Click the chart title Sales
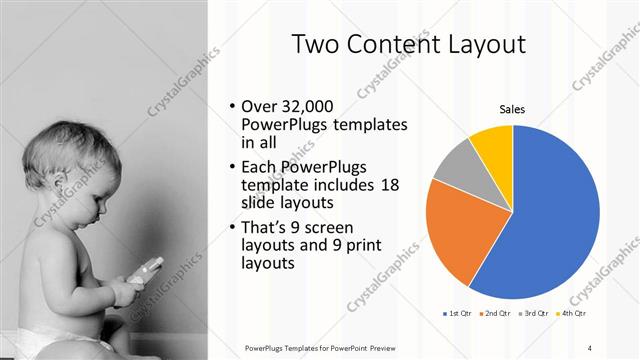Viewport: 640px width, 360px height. click(x=512, y=109)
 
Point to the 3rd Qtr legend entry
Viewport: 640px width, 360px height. click(x=538, y=313)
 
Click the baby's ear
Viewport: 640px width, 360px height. click(x=66, y=184)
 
